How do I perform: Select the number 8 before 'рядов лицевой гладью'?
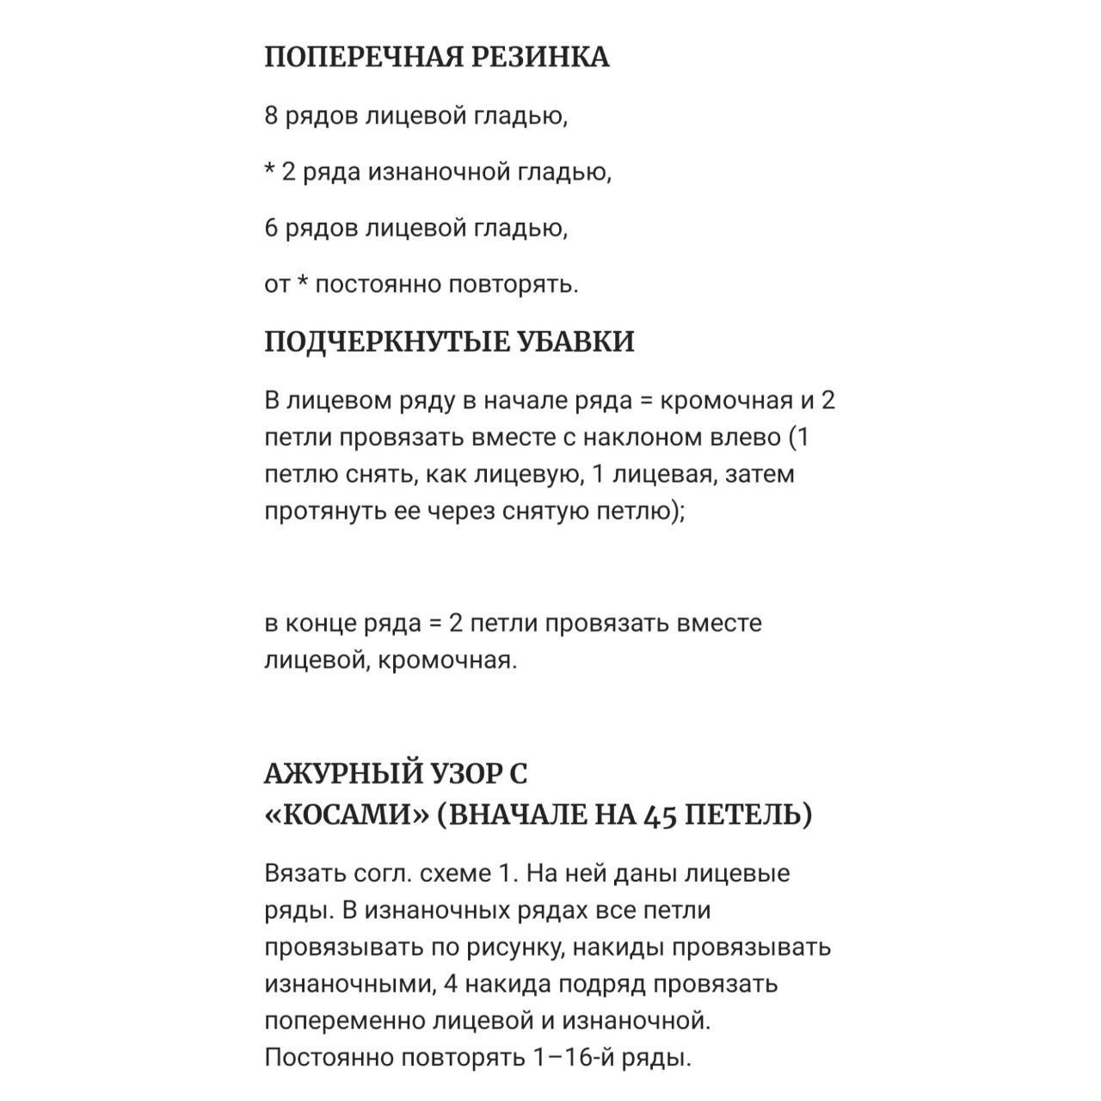tap(271, 116)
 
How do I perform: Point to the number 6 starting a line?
tap(271, 229)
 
